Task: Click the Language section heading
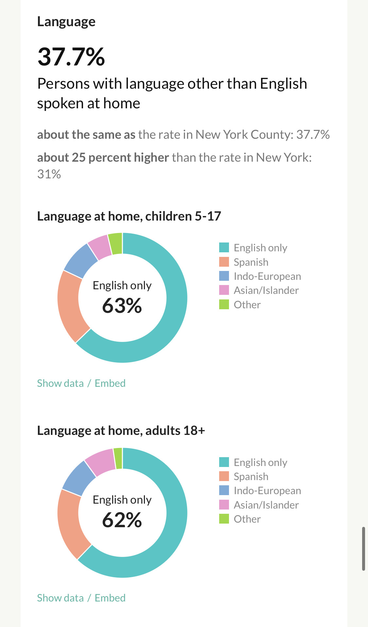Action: pyautogui.click(x=66, y=22)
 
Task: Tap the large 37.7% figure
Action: pyautogui.click(x=71, y=57)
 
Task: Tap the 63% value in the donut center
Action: pyautogui.click(x=122, y=306)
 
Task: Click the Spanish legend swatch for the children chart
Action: pyautogui.click(x=224, y=262)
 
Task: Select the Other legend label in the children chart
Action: pyautogui.click(x=247, y=305)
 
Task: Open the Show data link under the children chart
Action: pyautogui.click(x=60, y=383)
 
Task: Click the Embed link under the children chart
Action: pyautogui.click(x=110, y=383)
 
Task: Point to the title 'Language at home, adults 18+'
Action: pyautogui.click(x=121, y=431)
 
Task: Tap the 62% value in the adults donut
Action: pyautogui.click(x=122, y=520)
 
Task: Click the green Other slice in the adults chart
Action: pyautogui.click(x=118, y=458)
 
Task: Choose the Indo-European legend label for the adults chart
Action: pyautogui.click(x=267, y=491)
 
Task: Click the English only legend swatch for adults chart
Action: pyautogui.click(x=224, y=462)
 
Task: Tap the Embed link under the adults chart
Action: pyautogui.click(x=110, y=598)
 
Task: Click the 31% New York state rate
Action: pyautogui.click(x=49, y=174)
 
